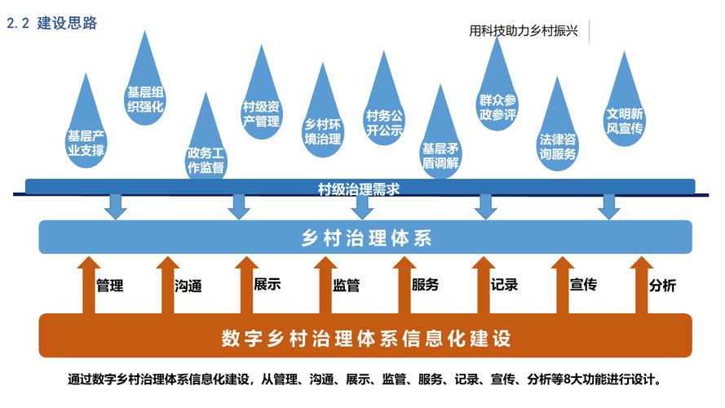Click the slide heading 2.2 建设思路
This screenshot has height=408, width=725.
53,24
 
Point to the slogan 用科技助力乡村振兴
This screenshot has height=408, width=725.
524,31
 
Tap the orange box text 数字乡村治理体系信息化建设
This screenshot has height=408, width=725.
366,337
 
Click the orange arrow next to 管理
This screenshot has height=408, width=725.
88,286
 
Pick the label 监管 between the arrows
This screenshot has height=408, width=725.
346,286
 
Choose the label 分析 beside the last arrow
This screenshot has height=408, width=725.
661,286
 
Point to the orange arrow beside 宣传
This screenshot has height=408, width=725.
559,286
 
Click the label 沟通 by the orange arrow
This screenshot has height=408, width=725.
188,286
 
